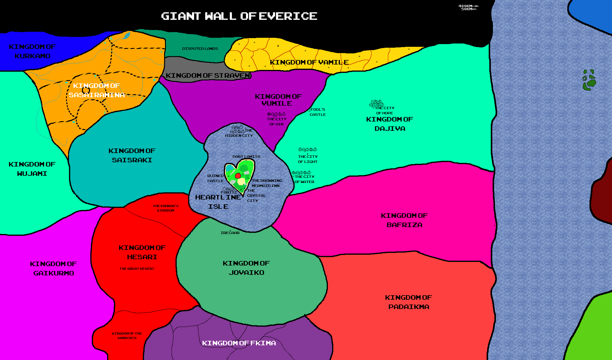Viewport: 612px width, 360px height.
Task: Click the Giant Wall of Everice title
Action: pos(239,16)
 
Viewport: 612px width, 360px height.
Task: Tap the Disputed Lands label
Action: pos(200,49)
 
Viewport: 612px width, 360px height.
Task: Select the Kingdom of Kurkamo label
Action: pos(32,51)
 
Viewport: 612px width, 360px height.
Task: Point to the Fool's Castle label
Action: pos(318,112)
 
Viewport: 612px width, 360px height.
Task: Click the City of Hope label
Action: pos(385,110)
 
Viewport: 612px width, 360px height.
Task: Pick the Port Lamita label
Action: pos(246,157)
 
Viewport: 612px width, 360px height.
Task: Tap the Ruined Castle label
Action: pos(215,178)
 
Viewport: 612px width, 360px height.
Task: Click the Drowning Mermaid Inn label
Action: pos(266,183)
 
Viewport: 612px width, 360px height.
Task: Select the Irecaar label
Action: pos(230,233)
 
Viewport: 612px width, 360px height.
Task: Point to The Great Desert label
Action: pos(137,269)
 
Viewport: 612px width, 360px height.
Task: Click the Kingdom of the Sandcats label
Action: pos(127,336)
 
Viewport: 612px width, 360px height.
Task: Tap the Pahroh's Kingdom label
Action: pos(166,208)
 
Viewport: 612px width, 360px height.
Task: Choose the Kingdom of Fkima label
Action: pos(239,343)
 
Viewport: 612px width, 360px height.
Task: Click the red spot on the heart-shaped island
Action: pos(238,175)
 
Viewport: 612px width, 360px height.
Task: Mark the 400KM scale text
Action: pos(465,6)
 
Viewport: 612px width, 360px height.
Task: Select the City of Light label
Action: pos(307,159)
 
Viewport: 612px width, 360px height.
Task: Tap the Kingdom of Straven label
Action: pos(208,76)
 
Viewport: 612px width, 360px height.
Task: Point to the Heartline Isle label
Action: pos(218,202)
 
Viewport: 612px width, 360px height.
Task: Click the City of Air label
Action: pos(277,121)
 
